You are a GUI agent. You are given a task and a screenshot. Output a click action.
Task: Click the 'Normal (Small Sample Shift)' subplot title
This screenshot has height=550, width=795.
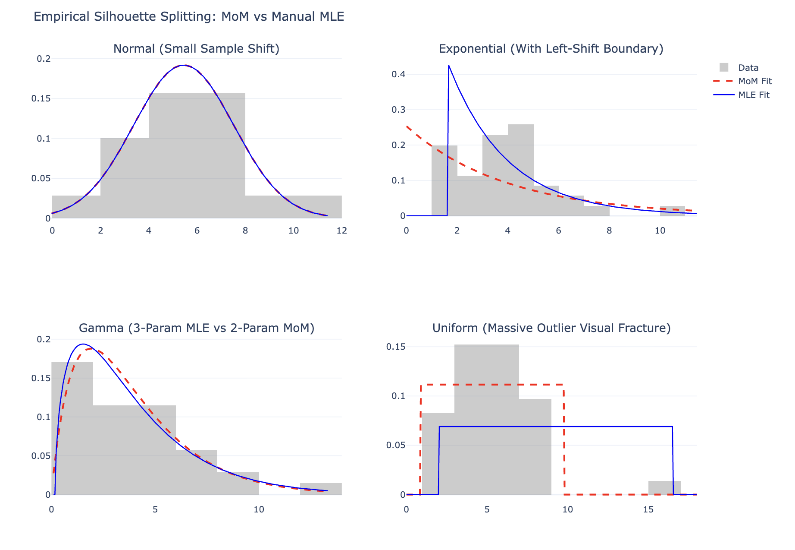(x=197, y=49)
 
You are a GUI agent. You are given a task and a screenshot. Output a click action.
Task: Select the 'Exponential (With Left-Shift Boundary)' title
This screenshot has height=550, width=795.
(x=551, y=49)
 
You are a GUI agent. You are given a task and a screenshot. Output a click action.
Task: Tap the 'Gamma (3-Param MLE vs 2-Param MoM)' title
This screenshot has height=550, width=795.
(x=197, y=328)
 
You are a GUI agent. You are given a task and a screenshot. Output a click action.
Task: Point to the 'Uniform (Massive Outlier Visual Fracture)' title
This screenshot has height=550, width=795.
(x=551, y=328)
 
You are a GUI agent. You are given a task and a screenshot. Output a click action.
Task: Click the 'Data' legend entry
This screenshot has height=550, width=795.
(x=748, y=68)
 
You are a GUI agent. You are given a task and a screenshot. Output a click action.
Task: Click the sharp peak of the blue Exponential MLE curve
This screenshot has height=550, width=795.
(x=449, y=66)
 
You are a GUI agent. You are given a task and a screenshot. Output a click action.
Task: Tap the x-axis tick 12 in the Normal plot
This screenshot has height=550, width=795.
(x=342, y=231)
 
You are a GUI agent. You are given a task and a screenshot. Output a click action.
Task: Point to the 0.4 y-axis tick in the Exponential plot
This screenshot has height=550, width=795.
(x=398, y=74)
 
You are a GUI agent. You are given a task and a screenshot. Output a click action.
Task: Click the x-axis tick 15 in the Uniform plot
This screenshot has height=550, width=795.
(x=648, y=510)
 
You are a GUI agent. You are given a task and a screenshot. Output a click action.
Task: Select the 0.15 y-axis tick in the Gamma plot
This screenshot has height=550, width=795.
(x=41, y=378)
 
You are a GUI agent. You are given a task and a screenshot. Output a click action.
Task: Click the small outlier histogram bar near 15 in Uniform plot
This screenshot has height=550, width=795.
(x=664, y=488)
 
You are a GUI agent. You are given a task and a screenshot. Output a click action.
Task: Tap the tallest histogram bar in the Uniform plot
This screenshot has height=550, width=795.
(x=487, y=420)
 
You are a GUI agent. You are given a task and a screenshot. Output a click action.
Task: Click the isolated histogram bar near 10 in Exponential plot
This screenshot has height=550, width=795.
(x=673, y=211)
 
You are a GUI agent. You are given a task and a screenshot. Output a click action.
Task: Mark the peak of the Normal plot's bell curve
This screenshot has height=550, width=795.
(x=184, y=65)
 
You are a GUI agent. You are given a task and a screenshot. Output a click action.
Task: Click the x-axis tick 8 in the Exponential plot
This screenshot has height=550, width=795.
(x=609, y=231)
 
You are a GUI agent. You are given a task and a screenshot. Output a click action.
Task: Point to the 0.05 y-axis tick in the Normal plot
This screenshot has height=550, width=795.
(x=41, y=178)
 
